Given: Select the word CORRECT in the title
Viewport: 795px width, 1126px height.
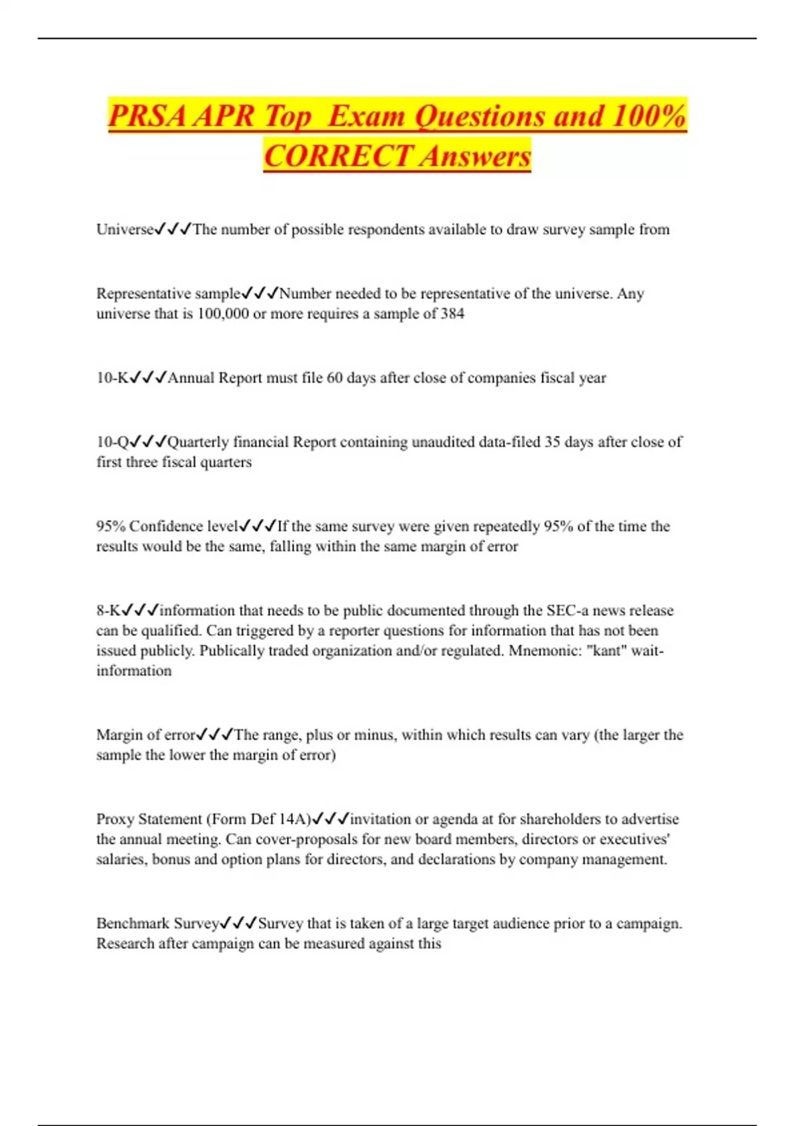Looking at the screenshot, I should pyautogui.click(x=338, y=157).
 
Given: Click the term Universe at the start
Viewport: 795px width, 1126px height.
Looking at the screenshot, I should pyautogui.click(x=125, y=229).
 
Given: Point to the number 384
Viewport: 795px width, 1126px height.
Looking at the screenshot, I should pyautogui.click(x=452, y=313).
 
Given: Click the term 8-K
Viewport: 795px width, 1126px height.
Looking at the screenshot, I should pyautogui.click(x=108, y=610).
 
